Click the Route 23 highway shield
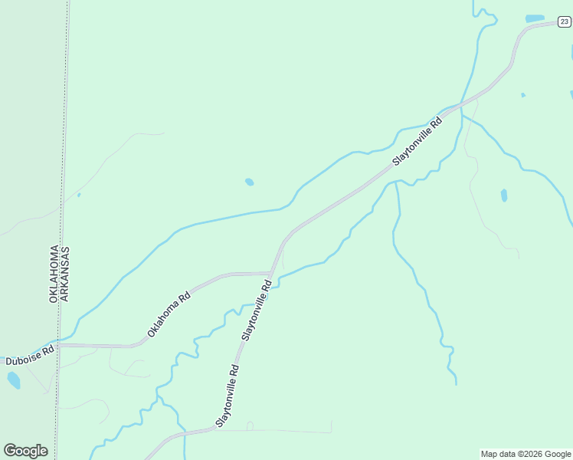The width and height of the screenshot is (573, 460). coord(564,22)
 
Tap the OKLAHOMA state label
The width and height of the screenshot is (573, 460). coord(54,274)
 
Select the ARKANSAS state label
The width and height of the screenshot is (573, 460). coord(65,274)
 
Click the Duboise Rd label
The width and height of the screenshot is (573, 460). coord(30,355)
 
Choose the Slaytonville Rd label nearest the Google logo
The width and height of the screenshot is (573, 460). coord(228,396)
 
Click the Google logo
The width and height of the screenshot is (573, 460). coord(25,451)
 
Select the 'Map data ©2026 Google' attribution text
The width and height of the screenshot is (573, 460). coord(526,454)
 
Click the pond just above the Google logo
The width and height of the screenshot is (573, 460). coord(13,379)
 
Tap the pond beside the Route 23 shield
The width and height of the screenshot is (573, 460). coord(535,18)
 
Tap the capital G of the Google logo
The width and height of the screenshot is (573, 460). coord(9,451)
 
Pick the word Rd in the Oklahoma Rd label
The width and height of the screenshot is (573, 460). coord(183,297)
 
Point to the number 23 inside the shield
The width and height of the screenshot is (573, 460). coord(564,22)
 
